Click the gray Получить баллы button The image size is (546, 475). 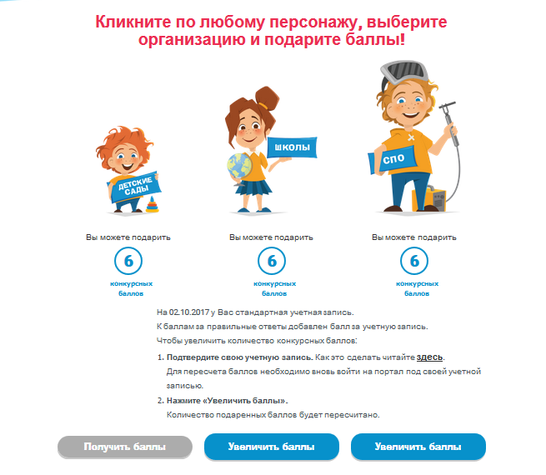click(125, 447)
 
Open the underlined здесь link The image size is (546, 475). click(429, 357)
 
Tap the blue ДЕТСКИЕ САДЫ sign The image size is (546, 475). click(134, 187)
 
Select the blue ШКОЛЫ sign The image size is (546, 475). click(292, 147)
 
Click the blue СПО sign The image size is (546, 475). click(393, 159)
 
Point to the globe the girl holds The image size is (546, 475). click(239, 167)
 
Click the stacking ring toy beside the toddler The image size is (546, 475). click(153, 204)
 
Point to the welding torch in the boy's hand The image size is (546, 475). click(450, 122)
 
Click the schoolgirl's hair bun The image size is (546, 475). click(267, 97)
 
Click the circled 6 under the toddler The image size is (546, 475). click(128, 261)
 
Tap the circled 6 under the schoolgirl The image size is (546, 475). click(272, 261)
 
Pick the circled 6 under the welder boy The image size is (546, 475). click(414, 261)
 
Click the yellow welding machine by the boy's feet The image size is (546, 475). click(430, 199)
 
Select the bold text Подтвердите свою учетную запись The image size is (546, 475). click(239, 357)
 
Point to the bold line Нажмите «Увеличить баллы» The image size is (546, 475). click(228, 401)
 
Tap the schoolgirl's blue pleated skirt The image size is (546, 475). click(255, 187)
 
